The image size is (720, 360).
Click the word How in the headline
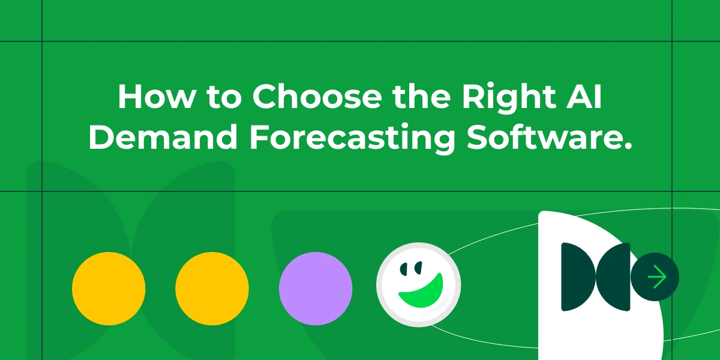[x=157, y=97]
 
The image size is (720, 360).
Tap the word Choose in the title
[x=317, y=97]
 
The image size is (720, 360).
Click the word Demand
[x=163, y=137]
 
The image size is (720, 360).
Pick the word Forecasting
[x=353, y=139]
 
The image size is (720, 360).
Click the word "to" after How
[x=224, y=98]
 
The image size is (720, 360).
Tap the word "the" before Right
[x=421, y=97]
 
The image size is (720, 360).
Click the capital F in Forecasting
[x=260, y=137]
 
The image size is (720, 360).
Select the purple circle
[x=316, y=289]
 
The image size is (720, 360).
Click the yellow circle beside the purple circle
[x=212, y=289]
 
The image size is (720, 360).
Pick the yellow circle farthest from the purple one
[x=109, y=289]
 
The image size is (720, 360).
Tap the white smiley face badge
[x=419, y=285]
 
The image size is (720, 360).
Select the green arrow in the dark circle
[x=658, y=277]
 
